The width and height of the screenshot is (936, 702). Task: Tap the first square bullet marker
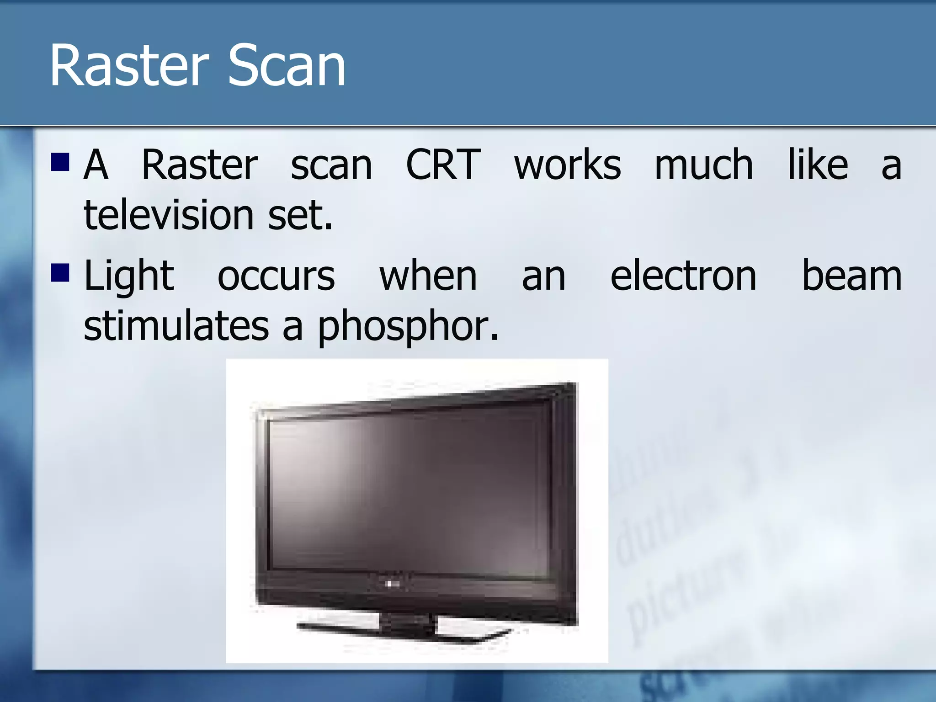pyautogui.click(x=60, y=162)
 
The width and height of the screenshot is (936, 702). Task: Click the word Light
pyautogui.click(x=129, y=277)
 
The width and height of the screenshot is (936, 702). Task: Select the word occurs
pyautogui.click(x=276, y=276)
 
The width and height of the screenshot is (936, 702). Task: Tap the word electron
pyautogui.click(x=683, y=276)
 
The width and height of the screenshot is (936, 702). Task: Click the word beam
pyautogui.click(x=852, y=276)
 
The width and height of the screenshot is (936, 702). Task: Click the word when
pyautogui.click(x=428, y=276)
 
